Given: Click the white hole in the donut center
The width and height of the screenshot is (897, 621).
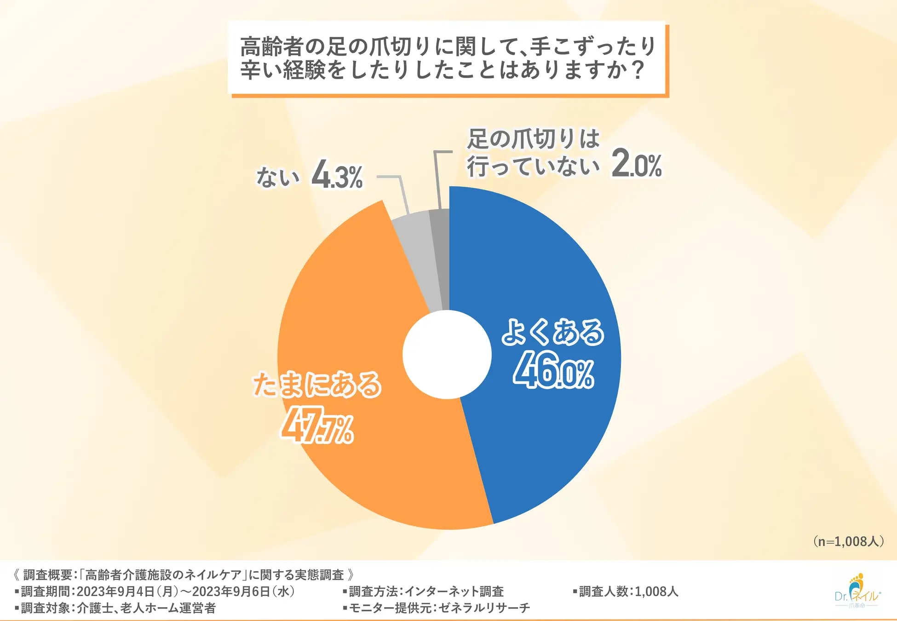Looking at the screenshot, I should click(x=447, y=355).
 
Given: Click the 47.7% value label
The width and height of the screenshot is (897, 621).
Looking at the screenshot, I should click(x=317, y=426).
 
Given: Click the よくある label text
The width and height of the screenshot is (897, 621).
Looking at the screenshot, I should click(x=552, y=332).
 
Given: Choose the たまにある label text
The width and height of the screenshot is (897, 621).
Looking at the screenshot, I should click(x=317, y=385).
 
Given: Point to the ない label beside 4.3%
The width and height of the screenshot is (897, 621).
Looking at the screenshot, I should click(x=277, y=177).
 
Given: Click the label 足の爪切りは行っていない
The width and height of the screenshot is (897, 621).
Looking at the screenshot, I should click(x=534, y=153).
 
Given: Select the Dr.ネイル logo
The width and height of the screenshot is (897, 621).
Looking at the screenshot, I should click(x=857, y=592).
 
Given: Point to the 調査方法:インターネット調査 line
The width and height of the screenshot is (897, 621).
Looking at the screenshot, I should click(x=424, y=592).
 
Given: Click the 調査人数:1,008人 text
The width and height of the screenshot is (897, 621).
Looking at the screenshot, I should click(x=626, y=592).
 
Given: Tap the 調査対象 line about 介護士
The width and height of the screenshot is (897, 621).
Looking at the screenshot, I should click(x=115, y=608).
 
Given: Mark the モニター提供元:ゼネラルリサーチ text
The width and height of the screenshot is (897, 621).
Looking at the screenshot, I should click(x=437, y=608).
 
